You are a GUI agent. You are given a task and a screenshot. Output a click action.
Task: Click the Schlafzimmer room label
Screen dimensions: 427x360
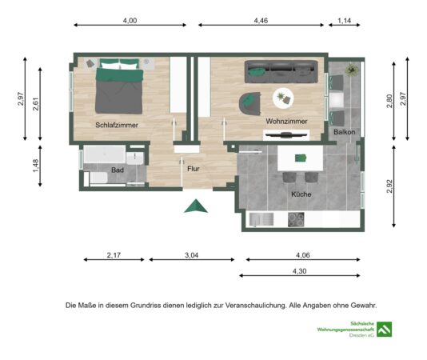[117, 125]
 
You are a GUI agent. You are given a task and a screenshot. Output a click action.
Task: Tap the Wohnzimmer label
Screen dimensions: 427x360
[286, 122]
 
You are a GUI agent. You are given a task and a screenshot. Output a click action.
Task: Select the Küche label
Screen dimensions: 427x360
[301, 194]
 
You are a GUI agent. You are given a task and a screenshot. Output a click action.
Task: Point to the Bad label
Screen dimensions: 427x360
[118, 170]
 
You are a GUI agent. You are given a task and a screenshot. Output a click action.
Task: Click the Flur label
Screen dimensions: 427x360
[194, 169]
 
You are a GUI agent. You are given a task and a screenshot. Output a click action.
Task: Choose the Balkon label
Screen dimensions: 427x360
[344, 132]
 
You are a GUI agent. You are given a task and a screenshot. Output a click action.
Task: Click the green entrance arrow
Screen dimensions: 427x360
[196, 206]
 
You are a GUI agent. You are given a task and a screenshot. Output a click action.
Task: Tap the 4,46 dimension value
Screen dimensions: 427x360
[261, 21]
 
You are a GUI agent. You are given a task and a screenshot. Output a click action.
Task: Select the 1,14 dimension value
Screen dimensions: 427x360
[344, 21]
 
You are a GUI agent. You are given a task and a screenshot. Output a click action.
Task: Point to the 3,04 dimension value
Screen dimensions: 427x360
[191, 255]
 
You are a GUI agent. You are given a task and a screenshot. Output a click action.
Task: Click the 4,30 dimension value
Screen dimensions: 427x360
[299, 271]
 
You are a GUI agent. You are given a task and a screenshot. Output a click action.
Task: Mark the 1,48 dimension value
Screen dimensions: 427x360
[36, 166]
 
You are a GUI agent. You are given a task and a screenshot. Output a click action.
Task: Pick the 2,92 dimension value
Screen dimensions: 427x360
[389, 186]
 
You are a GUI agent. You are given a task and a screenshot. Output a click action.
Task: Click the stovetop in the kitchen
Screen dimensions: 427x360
[296, 220]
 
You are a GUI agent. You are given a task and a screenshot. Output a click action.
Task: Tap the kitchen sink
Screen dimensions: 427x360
[261, 220]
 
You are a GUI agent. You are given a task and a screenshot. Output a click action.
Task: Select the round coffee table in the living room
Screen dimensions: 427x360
[283, 98]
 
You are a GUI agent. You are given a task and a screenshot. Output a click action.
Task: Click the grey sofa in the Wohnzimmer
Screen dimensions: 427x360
[281, 72]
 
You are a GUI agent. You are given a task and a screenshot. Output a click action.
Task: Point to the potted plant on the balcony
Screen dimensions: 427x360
[351, 70]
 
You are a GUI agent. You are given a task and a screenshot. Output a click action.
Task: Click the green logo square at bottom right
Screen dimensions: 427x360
[385, 330]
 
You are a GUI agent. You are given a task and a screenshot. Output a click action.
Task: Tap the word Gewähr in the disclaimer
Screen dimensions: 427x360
[364, 306]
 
